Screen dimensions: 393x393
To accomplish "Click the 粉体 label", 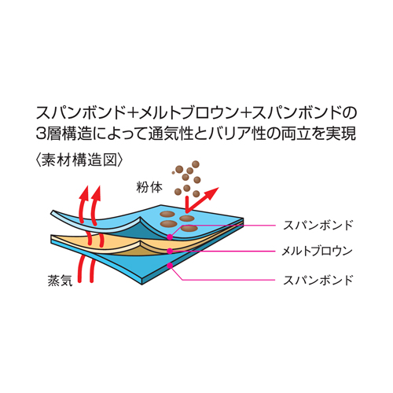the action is [x=149, y=187].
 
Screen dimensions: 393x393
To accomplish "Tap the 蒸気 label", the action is [x=60, y=280].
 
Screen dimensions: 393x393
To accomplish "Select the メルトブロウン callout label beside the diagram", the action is [x=317, y=252].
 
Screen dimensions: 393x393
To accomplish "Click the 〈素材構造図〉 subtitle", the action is [x=79, y=160].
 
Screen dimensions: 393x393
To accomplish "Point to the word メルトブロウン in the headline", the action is [x=189, y=112].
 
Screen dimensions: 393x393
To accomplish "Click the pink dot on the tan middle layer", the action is [x=170, y=251].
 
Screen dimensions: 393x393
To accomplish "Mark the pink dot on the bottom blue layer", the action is [x=170, y=266].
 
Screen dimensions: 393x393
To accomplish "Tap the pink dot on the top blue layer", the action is [x=170, y=237].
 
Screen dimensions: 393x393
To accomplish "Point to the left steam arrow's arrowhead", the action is [x=84, y=192].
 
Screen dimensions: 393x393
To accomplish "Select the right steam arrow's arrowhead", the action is [x=96, y=193].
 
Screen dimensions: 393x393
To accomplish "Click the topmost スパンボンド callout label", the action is [x=318, y=226].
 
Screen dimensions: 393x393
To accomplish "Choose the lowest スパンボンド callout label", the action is [x=318, y=280].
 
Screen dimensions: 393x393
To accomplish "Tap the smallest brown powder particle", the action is [x=173, y=173].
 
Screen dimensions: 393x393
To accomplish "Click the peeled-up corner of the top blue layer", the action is [x=53, y=213].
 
